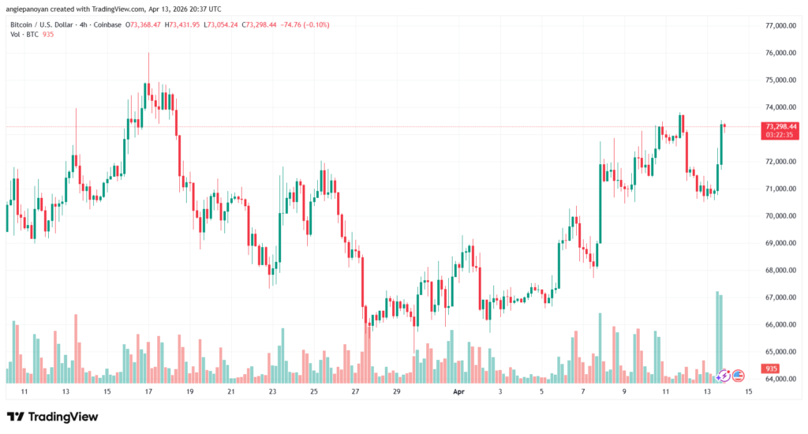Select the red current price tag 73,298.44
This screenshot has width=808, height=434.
coord(780,126)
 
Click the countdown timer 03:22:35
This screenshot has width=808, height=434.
coord(780,135)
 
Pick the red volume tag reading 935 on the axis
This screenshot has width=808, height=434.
coord(770,369)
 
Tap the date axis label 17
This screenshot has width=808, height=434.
coord(148,391)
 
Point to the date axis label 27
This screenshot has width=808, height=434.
coord(355,391)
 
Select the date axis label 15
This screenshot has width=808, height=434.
coord(747,391)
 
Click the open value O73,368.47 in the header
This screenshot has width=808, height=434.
coord(140,25)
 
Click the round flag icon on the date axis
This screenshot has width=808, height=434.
coord(739,376)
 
